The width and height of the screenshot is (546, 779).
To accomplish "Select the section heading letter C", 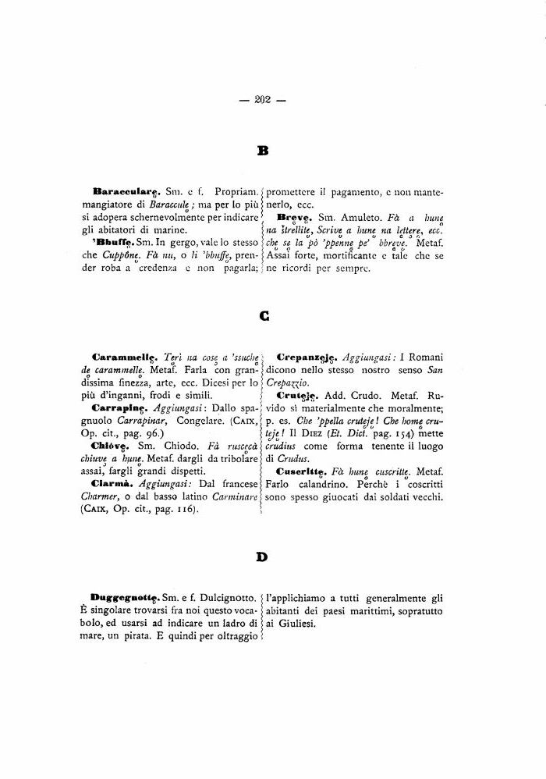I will click(x=264, y=316).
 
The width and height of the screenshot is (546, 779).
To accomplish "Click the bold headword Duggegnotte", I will click(x=125, y=597).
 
